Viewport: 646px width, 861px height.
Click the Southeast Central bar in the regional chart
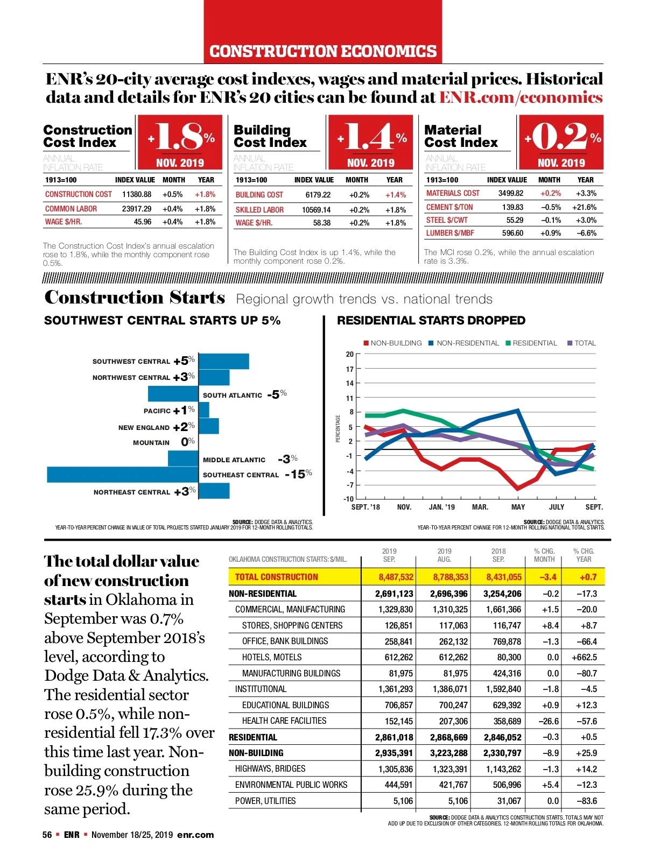(x=123, y=475)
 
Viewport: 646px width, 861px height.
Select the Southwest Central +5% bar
(x=224, y=361)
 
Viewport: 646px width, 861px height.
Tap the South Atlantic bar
(x=173, y=394)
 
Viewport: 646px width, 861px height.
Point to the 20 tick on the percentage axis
(x=350, y=354)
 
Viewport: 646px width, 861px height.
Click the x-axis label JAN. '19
(x=441, y=507)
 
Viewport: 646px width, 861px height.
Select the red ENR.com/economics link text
(x=521, y=97)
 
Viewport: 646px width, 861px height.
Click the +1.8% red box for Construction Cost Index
(x=180, y=142)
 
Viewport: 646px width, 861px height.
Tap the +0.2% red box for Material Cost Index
(x=561, y=142)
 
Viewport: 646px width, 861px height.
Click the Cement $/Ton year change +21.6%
(x=584, y=207)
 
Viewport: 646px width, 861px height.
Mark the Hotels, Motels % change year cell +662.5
(x=584, y=657)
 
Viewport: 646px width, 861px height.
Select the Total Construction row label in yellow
(x=276, y=577)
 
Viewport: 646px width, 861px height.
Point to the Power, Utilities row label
(x=265, y=801)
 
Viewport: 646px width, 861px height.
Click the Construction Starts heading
(x=135, y=298)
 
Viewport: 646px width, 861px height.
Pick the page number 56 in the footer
(x=47, y=835)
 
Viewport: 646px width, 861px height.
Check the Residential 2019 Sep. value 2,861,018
(x=394, y=737)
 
